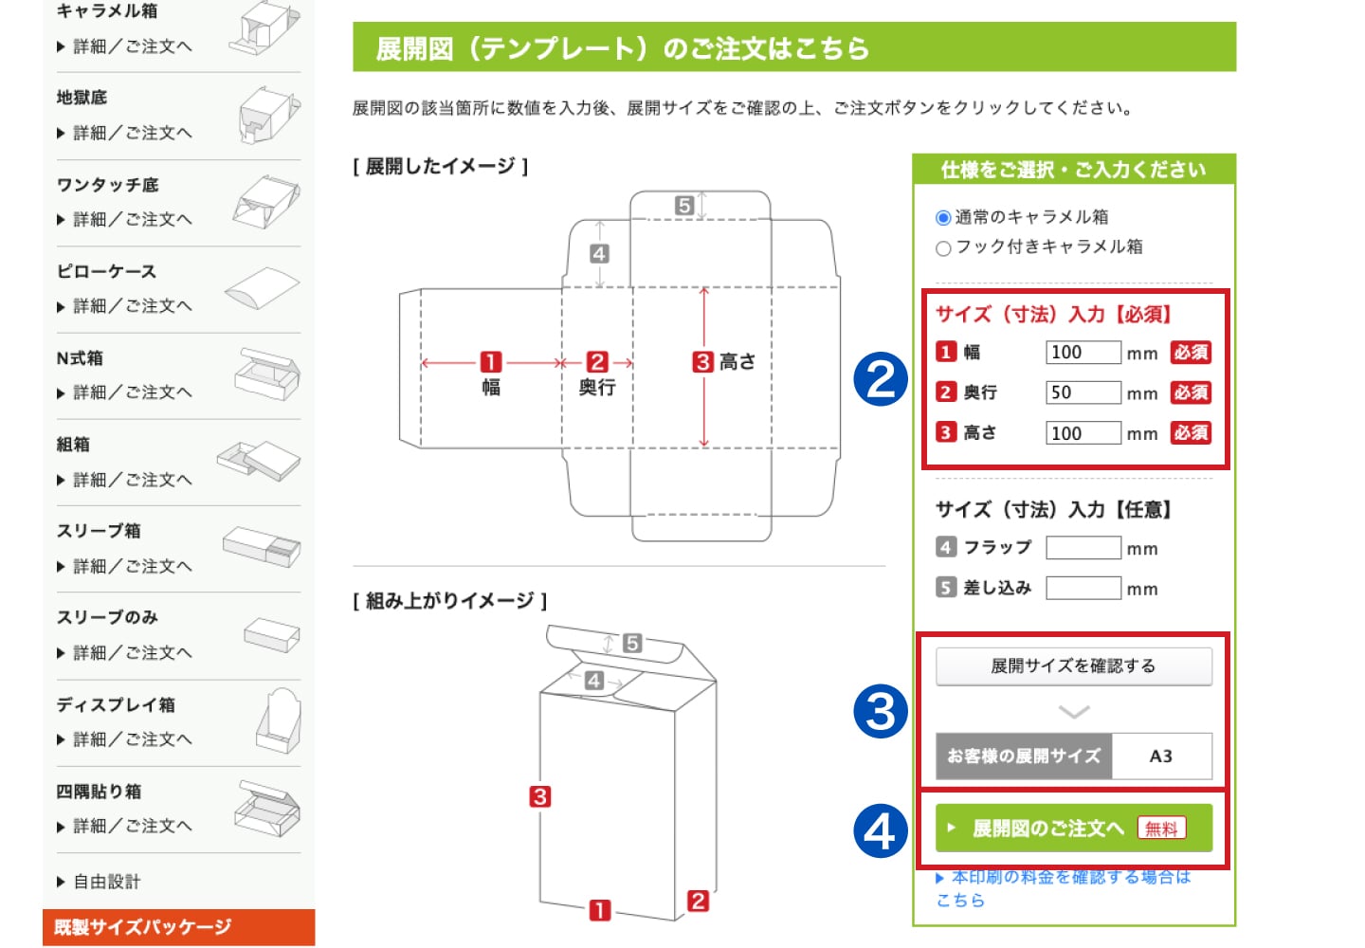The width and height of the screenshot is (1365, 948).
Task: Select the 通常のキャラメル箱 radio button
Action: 942,217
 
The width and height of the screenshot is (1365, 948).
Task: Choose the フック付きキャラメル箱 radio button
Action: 942,248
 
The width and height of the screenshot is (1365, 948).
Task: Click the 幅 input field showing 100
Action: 1083,352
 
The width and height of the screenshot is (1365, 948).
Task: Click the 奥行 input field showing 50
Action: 1083,392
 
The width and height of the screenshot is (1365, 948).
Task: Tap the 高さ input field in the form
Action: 1083,433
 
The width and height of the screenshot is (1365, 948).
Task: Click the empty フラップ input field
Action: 1083,548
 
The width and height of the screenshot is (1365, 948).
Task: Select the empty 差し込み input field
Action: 1083,588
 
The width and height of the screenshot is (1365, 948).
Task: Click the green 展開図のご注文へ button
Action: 1074,828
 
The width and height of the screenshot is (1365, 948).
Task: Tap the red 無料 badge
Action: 1161,829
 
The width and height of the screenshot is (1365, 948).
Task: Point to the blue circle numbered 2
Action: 881,379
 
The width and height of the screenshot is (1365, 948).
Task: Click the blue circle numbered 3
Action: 881,712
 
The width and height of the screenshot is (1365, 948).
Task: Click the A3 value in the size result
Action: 1161,757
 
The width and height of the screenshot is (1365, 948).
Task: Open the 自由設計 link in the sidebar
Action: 106,882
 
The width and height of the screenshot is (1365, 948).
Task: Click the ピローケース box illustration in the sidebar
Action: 262,287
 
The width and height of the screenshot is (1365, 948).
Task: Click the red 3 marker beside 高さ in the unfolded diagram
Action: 702,362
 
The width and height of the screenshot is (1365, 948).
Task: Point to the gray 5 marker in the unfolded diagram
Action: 684,206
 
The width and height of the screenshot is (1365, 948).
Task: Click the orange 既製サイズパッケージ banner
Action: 178,927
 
